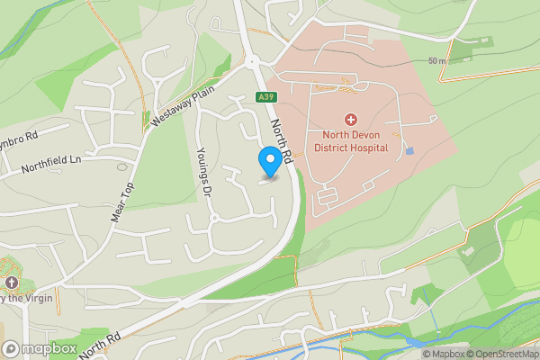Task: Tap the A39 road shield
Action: (265, 97)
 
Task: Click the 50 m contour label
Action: (437, 60)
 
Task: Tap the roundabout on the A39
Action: (254, 62)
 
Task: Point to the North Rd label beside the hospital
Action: (282, 142)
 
